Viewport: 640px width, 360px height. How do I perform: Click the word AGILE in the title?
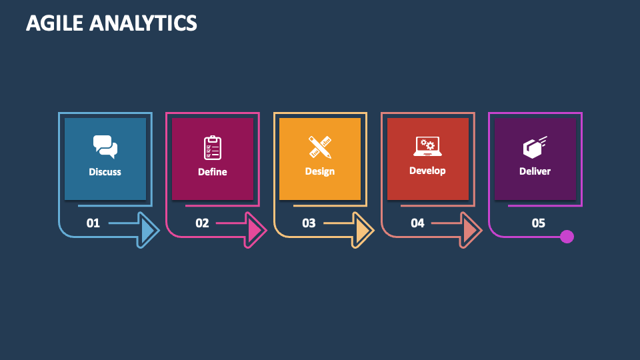[55, 23]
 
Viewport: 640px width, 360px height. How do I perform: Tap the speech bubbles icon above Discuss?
[105, 147]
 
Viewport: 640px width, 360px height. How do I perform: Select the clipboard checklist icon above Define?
[213, 147]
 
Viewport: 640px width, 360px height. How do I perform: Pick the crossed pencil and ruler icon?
[320, 147]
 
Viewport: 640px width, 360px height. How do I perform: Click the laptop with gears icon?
[427, 146]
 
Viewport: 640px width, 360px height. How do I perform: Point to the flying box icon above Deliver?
[535, 147]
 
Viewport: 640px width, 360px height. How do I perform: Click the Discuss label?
[105, 172]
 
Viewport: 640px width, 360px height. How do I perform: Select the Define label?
[213, 172]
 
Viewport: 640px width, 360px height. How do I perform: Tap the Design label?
[320, 171]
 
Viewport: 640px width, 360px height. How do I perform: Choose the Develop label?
[427, 171]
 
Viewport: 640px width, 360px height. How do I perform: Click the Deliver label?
[535, 171]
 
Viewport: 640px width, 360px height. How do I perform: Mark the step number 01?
[93, 223]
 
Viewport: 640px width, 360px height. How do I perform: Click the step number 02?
[202, 223]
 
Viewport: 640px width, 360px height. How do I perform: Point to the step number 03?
[309, 223]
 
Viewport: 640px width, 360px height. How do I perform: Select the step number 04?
[417, 223]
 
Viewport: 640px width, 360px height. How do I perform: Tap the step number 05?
[539, 223]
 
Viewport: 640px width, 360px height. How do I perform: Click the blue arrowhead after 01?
[149, 231]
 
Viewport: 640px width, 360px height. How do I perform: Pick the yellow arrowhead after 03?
[363, 231]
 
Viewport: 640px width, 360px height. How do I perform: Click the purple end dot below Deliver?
[567, 237]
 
